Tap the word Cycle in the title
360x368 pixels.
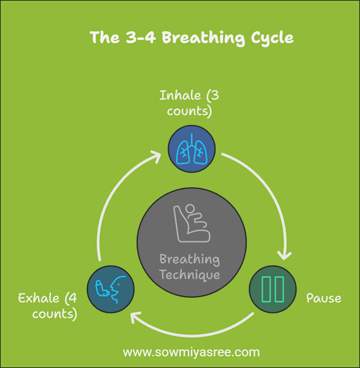tap(270, 38)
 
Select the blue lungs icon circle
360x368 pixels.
tap(191, 149)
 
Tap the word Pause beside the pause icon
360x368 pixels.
tap(323, 298)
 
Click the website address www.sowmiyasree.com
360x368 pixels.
tap(191, 352)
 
